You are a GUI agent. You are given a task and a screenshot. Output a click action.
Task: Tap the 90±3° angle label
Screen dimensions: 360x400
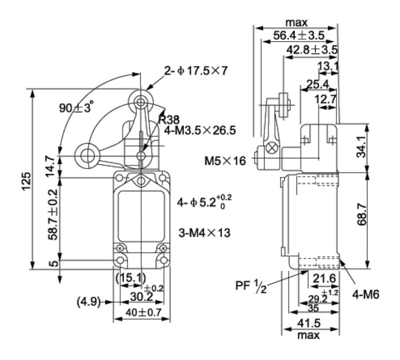(76, 108)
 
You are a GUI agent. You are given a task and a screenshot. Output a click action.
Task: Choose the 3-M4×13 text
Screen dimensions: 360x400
(204, 233)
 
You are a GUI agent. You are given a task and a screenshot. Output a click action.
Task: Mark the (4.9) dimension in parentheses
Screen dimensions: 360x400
(88, 302)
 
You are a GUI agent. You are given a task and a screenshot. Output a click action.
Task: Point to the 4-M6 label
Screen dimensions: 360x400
(366, 294)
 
